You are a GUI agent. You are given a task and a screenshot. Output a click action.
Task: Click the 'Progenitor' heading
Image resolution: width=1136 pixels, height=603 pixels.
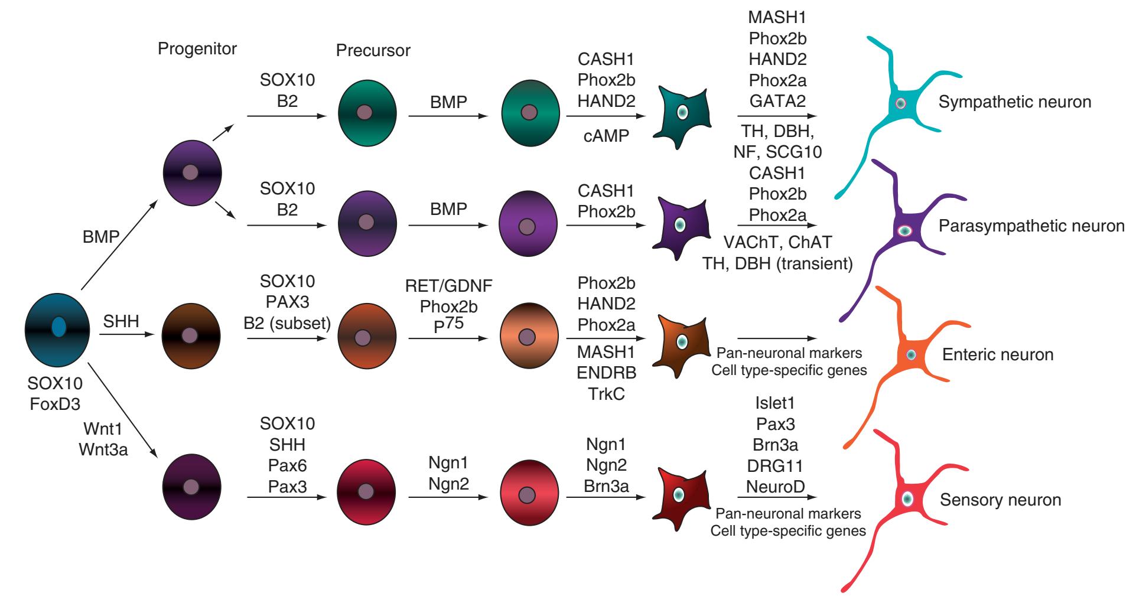coord(197,48)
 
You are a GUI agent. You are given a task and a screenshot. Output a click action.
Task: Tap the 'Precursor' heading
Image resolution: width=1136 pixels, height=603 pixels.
coord(373,51)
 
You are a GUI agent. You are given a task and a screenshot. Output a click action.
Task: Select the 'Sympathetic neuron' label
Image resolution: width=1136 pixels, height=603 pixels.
coord(1014,102)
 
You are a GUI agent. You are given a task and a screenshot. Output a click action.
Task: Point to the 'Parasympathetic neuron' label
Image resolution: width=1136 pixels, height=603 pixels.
coord(1031,226)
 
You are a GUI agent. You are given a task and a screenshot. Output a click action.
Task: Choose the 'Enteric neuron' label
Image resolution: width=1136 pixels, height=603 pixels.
coord(998,354)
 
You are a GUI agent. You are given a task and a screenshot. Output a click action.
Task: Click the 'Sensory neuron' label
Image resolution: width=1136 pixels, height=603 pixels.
coord(1000,500)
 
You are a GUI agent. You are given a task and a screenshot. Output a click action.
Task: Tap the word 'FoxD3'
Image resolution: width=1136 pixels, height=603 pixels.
coord(54,404)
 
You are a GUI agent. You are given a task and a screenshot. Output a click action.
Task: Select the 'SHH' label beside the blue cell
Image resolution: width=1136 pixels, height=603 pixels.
coord(121,322)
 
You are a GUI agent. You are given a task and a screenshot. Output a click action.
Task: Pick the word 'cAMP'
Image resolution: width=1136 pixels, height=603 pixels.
coord(606,135)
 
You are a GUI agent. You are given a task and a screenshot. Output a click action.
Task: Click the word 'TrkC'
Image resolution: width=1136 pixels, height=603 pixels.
coord(606,393)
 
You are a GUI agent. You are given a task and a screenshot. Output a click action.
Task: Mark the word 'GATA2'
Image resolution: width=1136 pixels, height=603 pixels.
coord(777,100)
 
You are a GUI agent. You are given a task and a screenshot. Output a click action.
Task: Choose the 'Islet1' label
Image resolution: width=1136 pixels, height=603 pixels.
coord(775,404)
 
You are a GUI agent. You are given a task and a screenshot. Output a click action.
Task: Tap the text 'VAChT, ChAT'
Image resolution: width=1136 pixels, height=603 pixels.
coord(777,242)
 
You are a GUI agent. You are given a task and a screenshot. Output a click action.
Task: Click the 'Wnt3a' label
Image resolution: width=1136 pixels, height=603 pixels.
coord(103,449)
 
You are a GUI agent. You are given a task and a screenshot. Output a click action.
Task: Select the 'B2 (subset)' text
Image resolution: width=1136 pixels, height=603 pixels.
coord(287,322)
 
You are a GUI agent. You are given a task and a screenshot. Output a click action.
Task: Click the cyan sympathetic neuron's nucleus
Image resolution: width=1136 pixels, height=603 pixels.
coord(900,103)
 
